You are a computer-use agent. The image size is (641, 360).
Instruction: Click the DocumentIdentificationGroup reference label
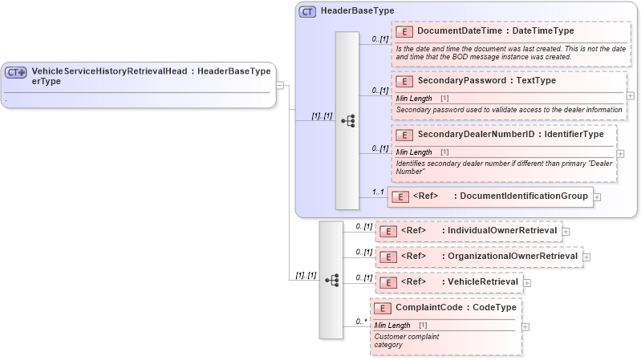click(521, 196)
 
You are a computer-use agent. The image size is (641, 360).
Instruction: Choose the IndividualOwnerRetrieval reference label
click(502, 230)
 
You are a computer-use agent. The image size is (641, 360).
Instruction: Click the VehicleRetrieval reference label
click(483, 281)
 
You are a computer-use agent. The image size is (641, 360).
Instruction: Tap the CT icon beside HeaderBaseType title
click(307, 11)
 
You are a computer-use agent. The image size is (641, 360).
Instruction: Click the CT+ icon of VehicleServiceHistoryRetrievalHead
click(16, 71)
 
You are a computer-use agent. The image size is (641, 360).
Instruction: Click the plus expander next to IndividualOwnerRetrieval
click(566, 231)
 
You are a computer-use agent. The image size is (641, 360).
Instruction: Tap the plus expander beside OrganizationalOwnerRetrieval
click(587, 257)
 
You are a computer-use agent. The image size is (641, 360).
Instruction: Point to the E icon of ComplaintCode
click(383, 308)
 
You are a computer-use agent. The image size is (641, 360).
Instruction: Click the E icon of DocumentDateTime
click(404, 31)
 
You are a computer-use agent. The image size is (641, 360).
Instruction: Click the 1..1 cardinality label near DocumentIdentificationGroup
click(378, 192)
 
